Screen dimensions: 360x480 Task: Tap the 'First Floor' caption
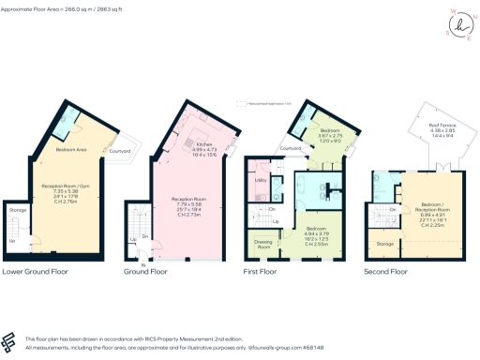[x=265, y=272]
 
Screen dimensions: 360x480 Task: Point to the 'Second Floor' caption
[x=386, y=272]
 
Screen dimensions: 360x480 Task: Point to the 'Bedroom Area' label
[x=58, y=150]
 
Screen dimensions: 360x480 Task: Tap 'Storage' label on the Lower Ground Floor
[x=18, y=211]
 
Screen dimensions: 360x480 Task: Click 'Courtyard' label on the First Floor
[x=290, y=147]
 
